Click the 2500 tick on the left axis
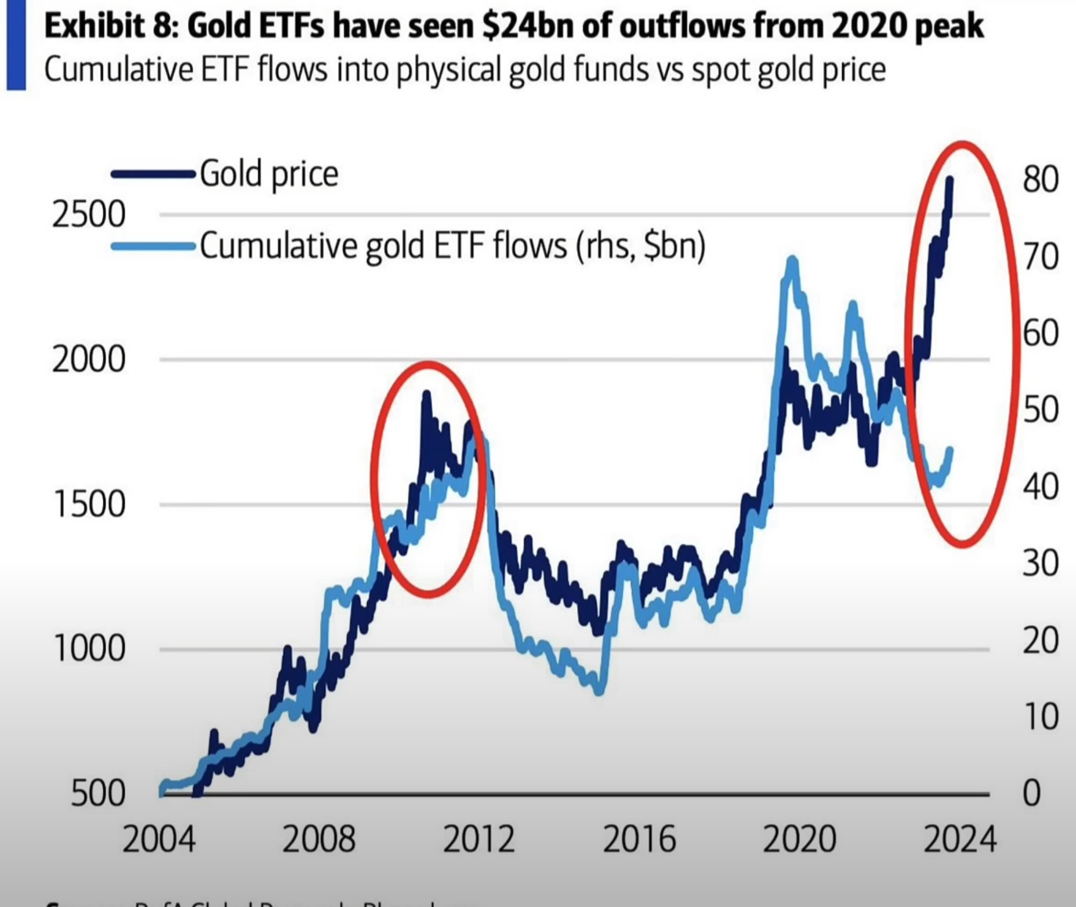pyautogui.click(x=88, y=215)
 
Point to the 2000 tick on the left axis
pyautogui.click(x=88, y=360)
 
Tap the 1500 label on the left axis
pyautogui.click(x=88, y=504)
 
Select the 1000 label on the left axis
pyautogui.click(x=88, y=648)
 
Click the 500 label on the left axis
pyautogui.click(x=97, y=793)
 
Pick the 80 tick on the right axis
pyautogui.click(x=1040, y=180)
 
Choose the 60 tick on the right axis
pyautogui.click(x=1040, y=333)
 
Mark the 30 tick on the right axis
pyautogui.click(x=1040, y=563)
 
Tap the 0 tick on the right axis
pyautogui.click(x=1031, y=793)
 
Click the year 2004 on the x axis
pyautogui.click(x=158, y=839)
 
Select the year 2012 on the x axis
pyautogui.click(x=479, y=839)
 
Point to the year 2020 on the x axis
pyautogui.click(x=799, y=839)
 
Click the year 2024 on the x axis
pyautogui.click(x=959, y=839)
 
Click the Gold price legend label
pyautogui.click(x=269, y=173)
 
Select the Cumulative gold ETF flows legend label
pyautogui.click(x=452, y=246)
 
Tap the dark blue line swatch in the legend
pyautogui.click(x=152, y=174)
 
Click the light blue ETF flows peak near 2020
pyautogui.click(x=792, y=261)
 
